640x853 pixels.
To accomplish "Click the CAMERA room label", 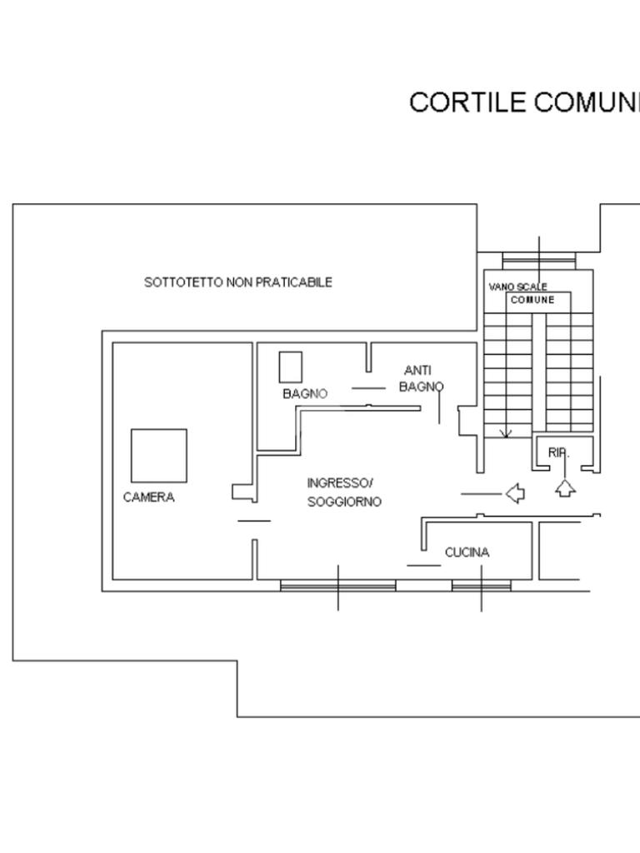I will [148, 497].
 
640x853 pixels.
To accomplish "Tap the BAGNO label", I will [305, 393].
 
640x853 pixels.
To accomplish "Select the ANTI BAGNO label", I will [420, 378].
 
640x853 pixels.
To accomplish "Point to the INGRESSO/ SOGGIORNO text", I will [343, 492].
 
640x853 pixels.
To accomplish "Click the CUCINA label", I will [467, 552].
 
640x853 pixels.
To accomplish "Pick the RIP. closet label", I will [558, 452].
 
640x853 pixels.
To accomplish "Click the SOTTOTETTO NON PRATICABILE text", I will [238, 282].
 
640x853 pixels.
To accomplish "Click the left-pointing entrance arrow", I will [516, 494].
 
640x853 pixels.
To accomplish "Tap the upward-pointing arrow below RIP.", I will [565, 488].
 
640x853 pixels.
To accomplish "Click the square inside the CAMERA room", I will [158, 455].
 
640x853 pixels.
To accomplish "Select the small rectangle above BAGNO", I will [290, 367].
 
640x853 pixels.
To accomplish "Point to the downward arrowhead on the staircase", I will [505, 433].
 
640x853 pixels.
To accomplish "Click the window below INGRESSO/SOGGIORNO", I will [337, 586].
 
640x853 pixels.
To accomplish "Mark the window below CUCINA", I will [481, 586].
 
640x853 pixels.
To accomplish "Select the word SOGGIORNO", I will [344, 502].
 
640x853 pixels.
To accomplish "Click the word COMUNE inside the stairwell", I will [532, 300].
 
